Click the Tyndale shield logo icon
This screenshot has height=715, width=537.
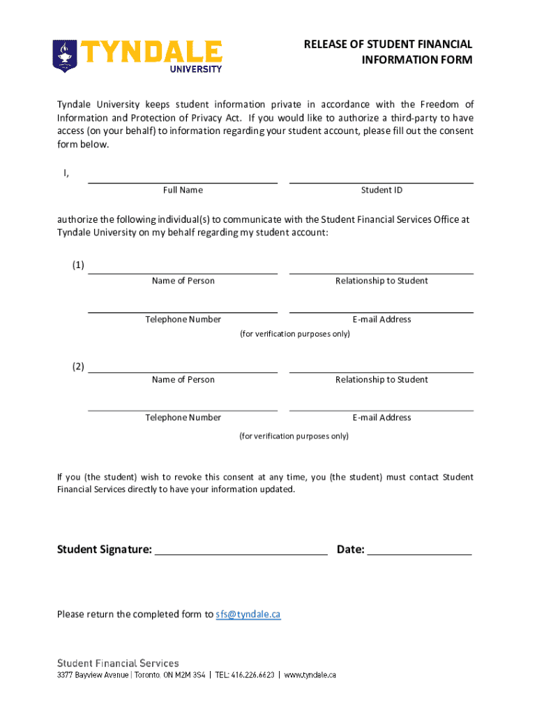[66, 56]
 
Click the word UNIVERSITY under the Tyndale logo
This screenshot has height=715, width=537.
[197, 68]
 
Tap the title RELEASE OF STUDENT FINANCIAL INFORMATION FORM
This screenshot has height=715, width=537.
[388, 52]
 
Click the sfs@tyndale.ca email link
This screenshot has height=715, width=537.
[248, 614]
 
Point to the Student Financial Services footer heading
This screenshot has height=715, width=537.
[118, 663]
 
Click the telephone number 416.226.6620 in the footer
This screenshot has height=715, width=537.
[255, 675]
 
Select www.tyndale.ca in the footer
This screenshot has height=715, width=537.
[310, 675]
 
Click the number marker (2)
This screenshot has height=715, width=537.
[78, 367]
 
